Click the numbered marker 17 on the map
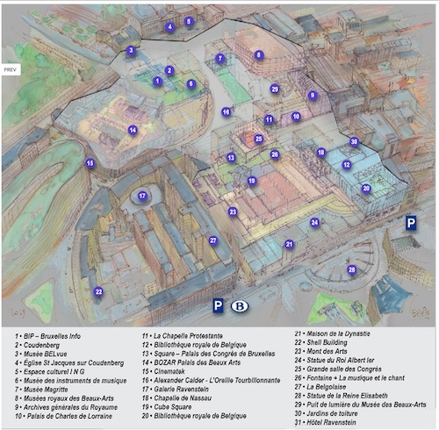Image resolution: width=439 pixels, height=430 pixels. [142, 196]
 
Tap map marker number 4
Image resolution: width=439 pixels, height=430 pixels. [170, 27]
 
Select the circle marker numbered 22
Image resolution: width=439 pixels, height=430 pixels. [98, 291]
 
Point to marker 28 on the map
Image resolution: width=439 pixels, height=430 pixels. [352, 269]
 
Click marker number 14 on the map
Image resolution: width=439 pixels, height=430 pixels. [133, 130]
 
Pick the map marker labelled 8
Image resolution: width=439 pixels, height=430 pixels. [259, 54]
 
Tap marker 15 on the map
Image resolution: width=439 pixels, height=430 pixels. [90, 163]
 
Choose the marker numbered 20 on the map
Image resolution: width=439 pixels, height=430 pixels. [366, 188]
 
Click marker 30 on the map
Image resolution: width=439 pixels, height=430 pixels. [354, 142]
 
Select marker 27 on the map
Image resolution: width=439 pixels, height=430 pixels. [213, 240]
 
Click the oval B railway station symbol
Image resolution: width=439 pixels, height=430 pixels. [240, 306]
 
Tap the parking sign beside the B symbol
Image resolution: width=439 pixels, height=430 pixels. [218, 305]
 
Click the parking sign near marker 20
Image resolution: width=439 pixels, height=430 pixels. [411, 223]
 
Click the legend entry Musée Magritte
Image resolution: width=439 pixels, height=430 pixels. [41, 390]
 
